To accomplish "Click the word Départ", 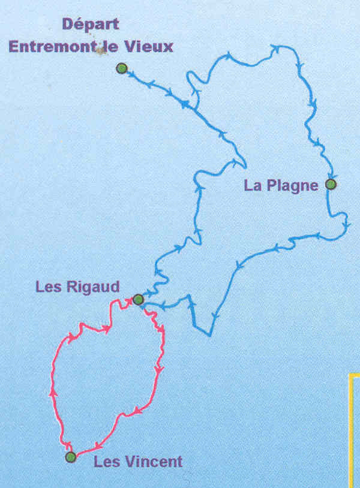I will pyautogui.click(x=91, y=25).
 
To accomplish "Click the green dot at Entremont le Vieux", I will pyautogui.click(x=122, y=68).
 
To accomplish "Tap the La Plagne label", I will pyautogui.click(x=281, y=185).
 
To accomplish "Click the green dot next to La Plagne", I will pyautogui.click(x=331, y=184).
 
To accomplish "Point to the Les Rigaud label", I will pyautogui.click(x=77, y=286).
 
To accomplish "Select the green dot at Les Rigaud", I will pyautogui.click(x=138, y=299).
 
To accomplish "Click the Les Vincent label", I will pyautogui.click(x=137, y=462).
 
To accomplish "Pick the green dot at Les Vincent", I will pyautogui.click(x=71, y=457).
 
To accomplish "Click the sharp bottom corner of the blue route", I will pyautogui.click(x=210, y=333).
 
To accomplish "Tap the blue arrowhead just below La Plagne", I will pyautogui.click(x=346, y=225).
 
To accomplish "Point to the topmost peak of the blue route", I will pyautogui.click(x=276, y=46).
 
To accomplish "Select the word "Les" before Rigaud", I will pyautogui.click(x=48, y=286).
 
